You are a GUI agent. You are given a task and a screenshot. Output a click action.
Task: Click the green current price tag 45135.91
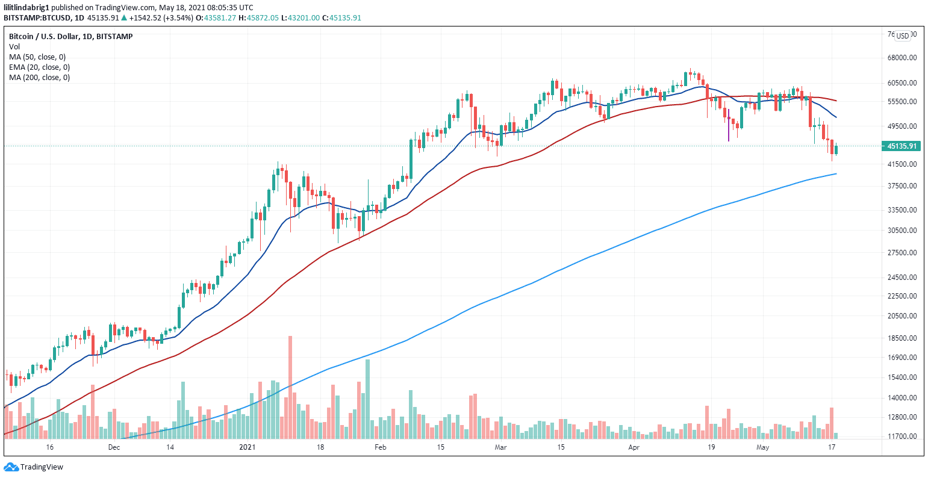902,146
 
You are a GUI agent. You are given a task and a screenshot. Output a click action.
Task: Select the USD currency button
902,36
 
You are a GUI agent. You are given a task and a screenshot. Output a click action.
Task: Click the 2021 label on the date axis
248,447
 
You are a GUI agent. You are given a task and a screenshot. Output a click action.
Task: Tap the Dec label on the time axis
113,447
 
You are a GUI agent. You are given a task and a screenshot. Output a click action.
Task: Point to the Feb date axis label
379,447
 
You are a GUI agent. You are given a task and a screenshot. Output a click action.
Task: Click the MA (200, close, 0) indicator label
39,77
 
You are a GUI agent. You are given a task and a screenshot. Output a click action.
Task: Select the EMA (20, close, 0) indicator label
39,67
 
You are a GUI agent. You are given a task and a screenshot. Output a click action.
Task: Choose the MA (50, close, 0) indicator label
37,57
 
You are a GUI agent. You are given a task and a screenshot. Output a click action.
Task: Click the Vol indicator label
13,46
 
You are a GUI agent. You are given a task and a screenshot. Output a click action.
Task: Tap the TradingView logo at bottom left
34,467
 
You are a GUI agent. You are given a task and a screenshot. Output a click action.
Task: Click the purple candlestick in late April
729,125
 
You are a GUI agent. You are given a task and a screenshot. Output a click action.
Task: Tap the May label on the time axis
763,447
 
